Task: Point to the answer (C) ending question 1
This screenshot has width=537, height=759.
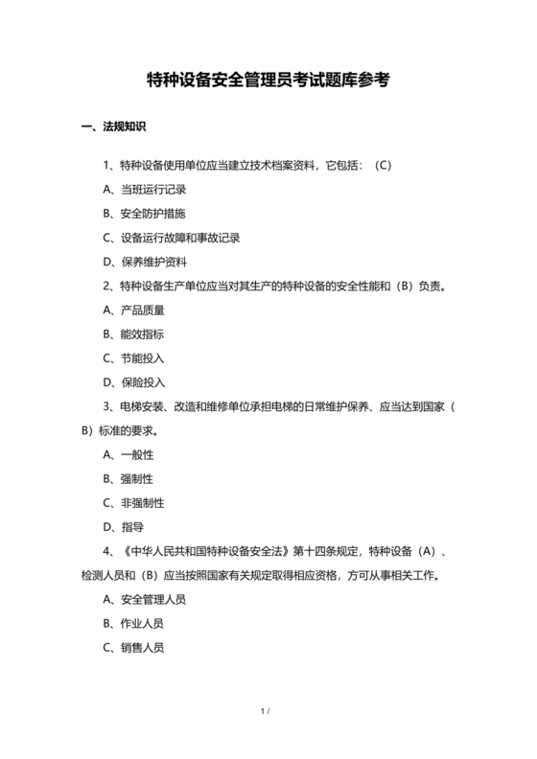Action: tap(383, 165)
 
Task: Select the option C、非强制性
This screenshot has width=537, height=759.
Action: tap(132, 502)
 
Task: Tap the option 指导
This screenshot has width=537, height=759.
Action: tap(132, 526)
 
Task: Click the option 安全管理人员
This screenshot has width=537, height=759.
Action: tap(153, 599)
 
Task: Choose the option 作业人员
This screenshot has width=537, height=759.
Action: tap(143, 623)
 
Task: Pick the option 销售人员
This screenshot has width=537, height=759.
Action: tap(143, 647)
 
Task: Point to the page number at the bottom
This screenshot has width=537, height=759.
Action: tap(267, 711)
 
